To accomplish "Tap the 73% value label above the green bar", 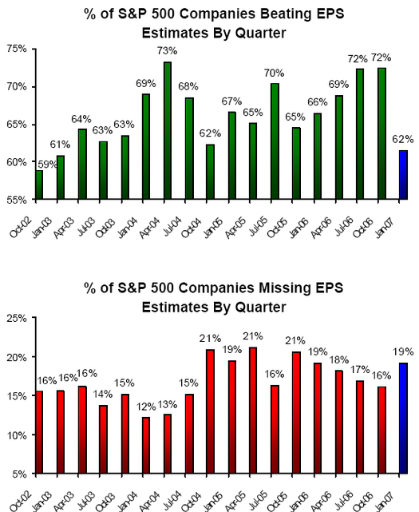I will pyautogui.click(x=168, y=54).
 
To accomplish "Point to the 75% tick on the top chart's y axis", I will pyautogui.click(x=17, y=49).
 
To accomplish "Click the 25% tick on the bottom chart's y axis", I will pyautogui.click(x=17, y=318).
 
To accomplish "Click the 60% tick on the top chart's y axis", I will pyautogui.click(x=17, y=162).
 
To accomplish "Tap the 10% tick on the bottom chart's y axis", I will pyautogui.click(x=17, y=435).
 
